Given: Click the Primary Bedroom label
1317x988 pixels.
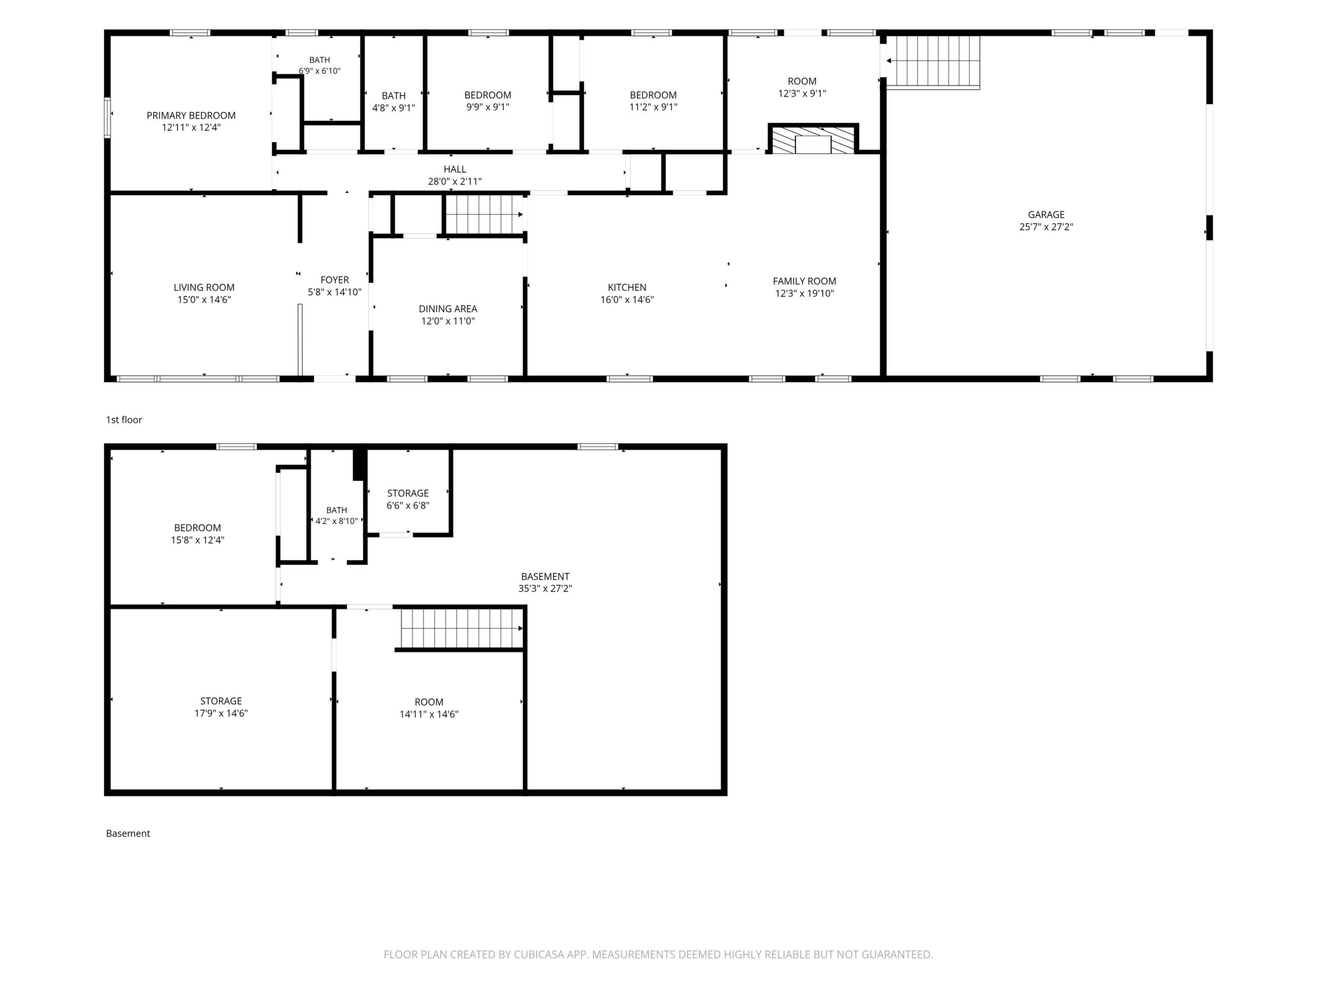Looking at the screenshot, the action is click(191, 116).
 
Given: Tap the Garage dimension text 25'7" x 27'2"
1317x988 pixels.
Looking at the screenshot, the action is click(1046, 227).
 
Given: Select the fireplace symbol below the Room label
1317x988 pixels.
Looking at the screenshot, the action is click(813, 139).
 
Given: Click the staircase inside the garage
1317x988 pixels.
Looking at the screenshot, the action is click(933, 62).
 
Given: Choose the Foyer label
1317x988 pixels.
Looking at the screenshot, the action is click(335, 280).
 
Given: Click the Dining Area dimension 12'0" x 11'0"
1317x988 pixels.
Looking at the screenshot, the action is click(448, 321).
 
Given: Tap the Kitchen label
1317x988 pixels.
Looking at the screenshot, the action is click(627, 288).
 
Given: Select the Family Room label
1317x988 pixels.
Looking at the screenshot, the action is click(804, 281).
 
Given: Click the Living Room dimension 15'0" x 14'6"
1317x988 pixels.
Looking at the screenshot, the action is click(204, 300).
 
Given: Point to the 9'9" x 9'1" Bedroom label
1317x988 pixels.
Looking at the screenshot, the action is click(488, 96).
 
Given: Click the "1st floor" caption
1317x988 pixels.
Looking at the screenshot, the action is click(124, 420).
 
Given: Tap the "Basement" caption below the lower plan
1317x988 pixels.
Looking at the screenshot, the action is click(128, 834).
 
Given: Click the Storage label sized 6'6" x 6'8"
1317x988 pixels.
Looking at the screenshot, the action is click(408, 493).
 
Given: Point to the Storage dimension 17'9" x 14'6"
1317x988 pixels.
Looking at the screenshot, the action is click(221, 714).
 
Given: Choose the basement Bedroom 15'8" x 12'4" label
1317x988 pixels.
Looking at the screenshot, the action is click(198, 528).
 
